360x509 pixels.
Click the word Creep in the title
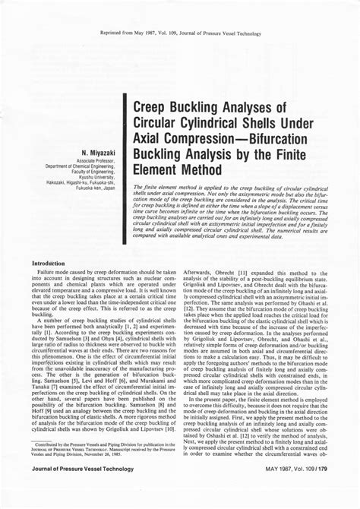(x=153, y=108)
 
